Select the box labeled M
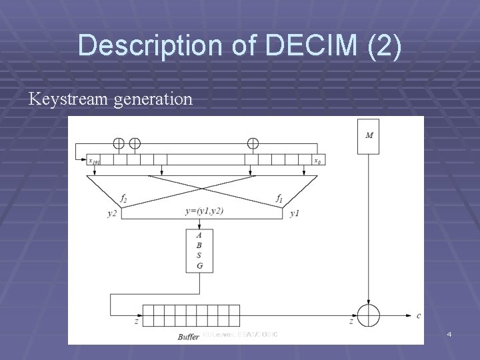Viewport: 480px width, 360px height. pyautogui.click(x=368, y=137)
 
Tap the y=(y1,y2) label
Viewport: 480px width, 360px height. pyautogui.click(x=204, y=211)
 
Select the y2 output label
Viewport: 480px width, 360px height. pyautogui.click(x=111, y=213)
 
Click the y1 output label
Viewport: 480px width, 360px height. pyautogui.click(x=295, y=213)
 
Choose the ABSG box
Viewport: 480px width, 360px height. pyautogui.click(x=199, y=250)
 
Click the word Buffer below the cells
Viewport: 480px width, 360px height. pyautogui.click(x=189, y=337)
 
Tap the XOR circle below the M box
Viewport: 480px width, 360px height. pyautogui.click(x=368, y=314)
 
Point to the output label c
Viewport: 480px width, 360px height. pyautogui.click(x=418, y=315)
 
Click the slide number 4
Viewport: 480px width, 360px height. pyautogui.click(x=449, y=333)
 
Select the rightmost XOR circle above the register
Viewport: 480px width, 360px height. pyautogui.click(x=253, y=143)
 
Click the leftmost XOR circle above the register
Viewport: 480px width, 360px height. pyautogui.click(x=118, y=143)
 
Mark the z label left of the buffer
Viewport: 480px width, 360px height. pyautogui.click(x=136, y=320)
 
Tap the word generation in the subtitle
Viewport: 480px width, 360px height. pyautogui.click(x=151, y=100)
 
